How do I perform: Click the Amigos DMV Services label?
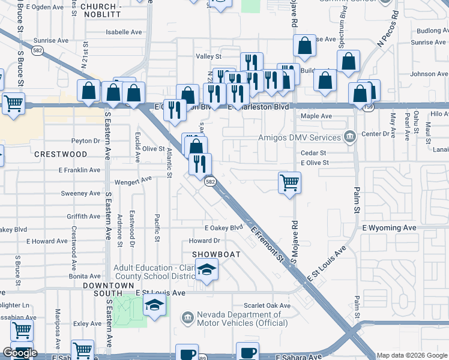[x=299, y=137]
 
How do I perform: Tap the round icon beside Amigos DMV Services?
[x=349, y=137]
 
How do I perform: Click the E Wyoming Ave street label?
[x=389, y=228]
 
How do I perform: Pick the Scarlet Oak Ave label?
[x=267, y=305]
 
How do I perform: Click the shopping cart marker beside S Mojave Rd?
[x=289, y=182]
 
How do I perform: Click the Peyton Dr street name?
[x=85, y=141]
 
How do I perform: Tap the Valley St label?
[x=209, y=56]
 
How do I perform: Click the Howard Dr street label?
[x=205, y=241]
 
